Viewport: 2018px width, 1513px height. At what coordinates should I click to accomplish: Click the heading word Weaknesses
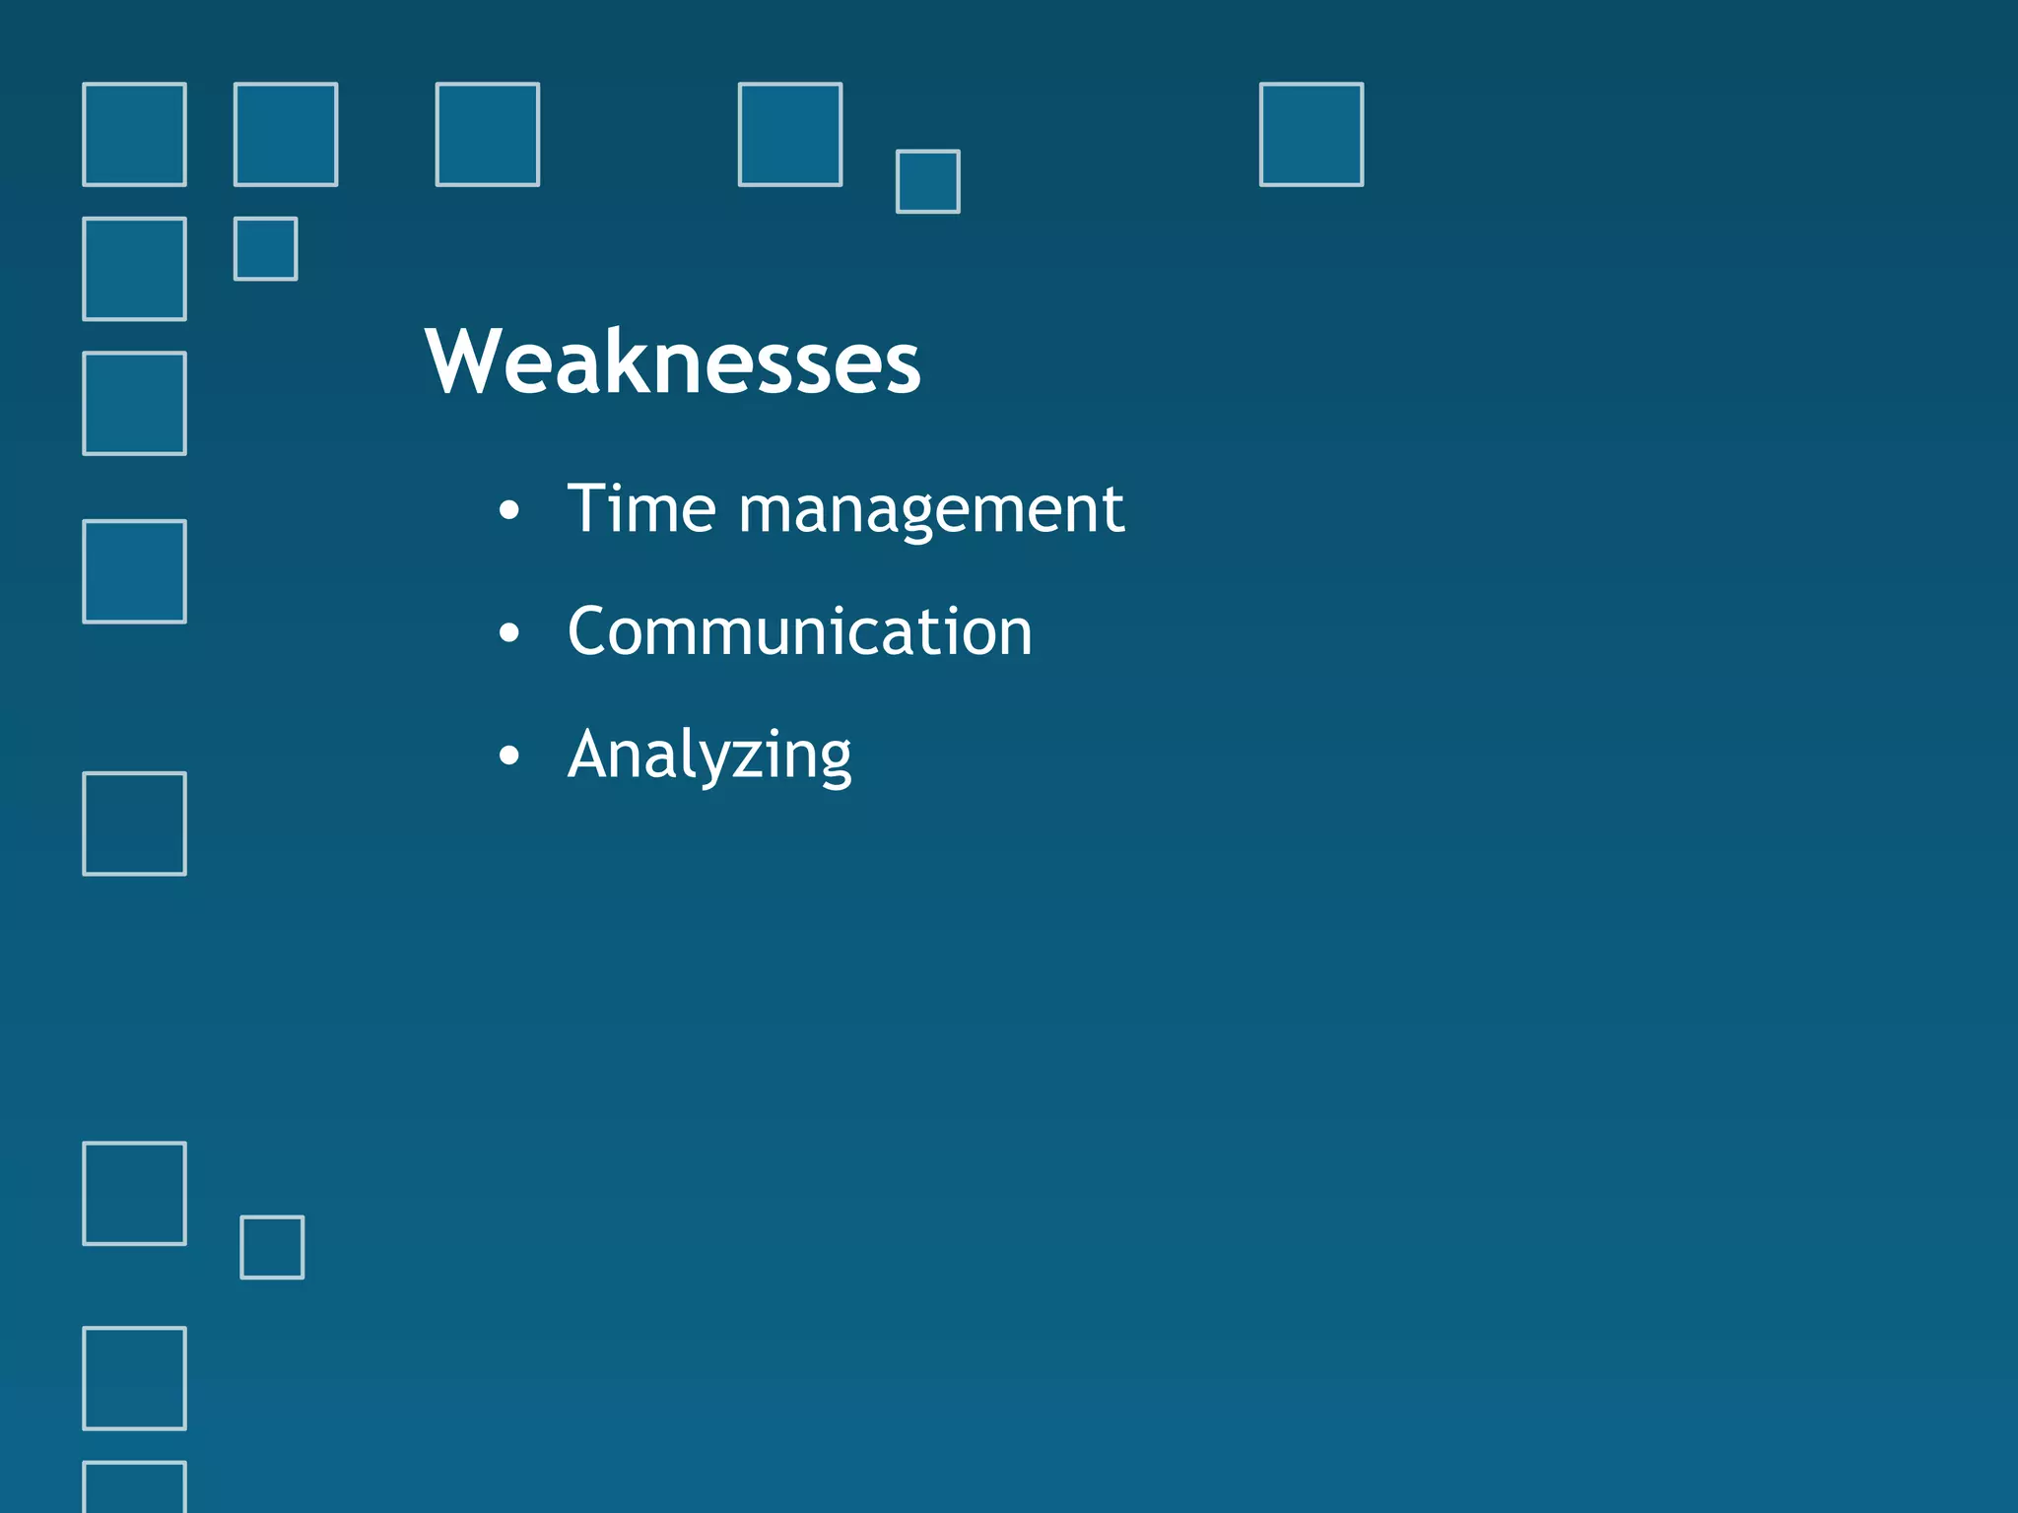click(672, 362)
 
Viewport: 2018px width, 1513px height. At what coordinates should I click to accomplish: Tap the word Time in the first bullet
click(641, 509)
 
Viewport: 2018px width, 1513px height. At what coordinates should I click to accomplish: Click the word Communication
click(799, 631)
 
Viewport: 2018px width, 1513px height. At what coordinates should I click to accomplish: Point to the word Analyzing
click(709, 756)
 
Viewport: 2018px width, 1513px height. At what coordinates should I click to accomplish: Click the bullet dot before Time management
click(508, 510)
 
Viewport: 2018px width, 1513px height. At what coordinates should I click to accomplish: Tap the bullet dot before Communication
click(508, 632)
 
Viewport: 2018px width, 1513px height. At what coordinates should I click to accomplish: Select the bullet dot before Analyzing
click(508, 756)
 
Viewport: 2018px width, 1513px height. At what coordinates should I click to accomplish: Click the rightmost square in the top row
click(1312, 134)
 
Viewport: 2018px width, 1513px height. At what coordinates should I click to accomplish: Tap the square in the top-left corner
click(134, 134)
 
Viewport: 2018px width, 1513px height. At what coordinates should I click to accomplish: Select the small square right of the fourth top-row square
click(927, 181)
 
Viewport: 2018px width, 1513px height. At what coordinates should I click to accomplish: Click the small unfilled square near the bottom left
click(272, 1247)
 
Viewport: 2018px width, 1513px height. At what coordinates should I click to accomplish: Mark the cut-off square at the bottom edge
click(134, 1488)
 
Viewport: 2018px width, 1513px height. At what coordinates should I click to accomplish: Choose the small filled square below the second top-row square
click(265, 249)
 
